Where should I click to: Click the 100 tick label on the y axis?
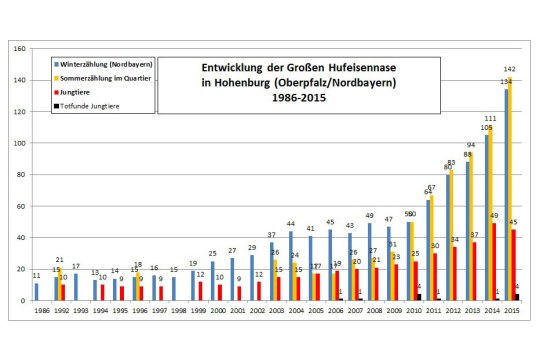point(19,143)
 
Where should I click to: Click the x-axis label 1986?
point(37,312)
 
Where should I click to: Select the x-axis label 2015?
point(512,312)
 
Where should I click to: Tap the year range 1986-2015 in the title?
point(303,98)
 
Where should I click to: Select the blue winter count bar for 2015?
point(506,195)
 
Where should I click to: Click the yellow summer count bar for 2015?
point(511,189)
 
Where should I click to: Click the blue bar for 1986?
point(37,291)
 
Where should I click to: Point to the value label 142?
point(510,69)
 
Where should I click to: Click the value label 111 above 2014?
point(492,118)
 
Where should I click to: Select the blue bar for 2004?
point(291,266)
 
